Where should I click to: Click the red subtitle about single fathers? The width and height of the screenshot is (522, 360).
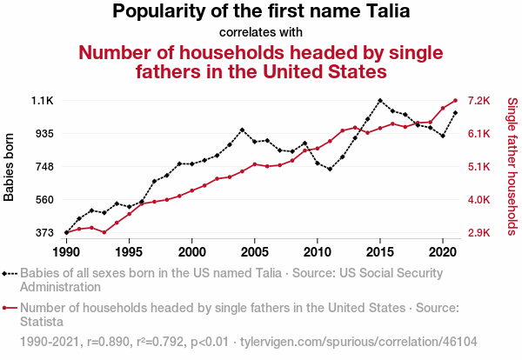point(262,61)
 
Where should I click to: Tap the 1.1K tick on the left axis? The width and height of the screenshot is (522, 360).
point(43,101)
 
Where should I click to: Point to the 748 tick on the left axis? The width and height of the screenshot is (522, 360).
point(43,167)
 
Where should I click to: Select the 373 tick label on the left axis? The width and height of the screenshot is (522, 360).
point(43,233)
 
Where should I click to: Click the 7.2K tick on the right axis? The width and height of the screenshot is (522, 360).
point(481,101)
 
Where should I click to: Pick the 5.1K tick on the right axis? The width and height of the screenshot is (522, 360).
point(481,167)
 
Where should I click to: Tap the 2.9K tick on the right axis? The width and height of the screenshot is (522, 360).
point(481,233)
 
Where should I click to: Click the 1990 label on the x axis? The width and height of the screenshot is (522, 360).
point(66,251)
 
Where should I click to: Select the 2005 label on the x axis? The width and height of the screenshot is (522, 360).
point(255,251)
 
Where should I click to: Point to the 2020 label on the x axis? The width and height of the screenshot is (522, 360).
point(443,251)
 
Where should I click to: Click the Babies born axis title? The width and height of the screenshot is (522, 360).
point(10,167)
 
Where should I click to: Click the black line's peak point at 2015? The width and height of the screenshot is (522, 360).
point(380,101)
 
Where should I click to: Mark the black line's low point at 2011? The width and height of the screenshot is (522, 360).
point(331,169)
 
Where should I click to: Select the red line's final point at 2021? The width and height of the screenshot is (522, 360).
point(455,101)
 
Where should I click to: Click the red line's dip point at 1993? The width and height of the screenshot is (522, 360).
point(104,232)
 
